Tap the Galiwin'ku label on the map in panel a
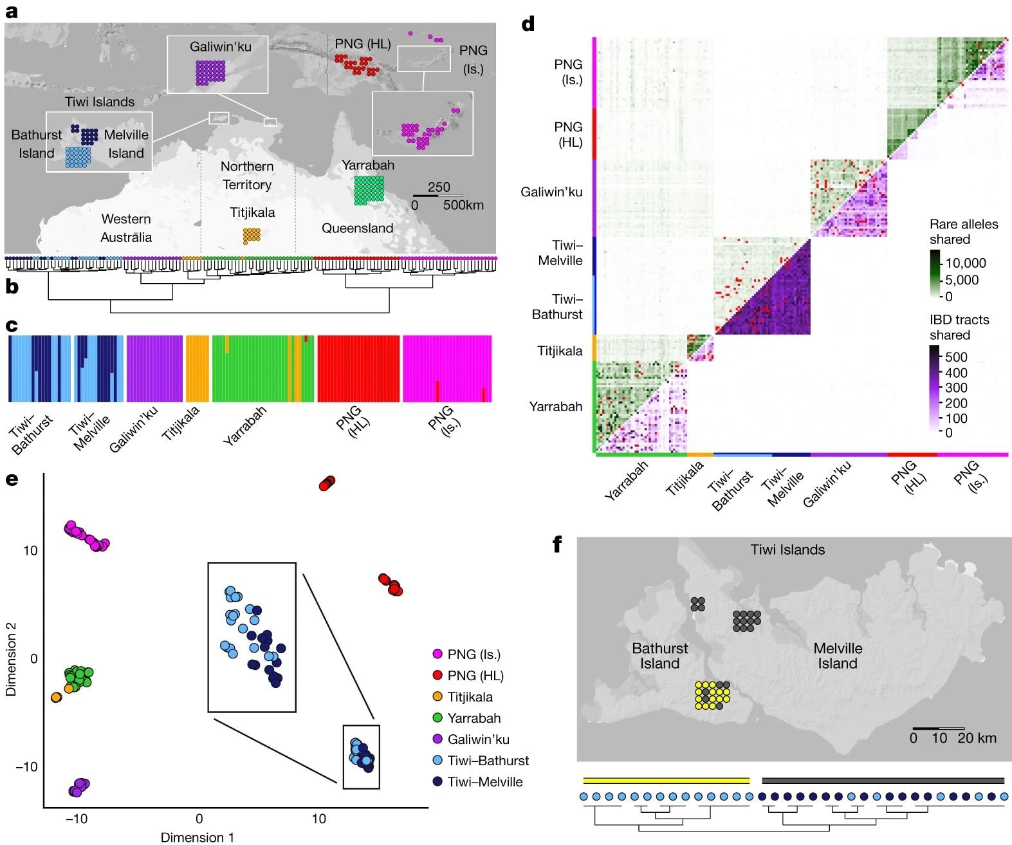[220, 46]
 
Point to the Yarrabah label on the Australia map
[368, 165]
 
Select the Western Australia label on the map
[126, 228]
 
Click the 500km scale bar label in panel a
[463, 205]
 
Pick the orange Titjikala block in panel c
[198, 369]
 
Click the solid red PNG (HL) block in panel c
[358, 369]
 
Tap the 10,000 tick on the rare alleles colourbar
[966, 263]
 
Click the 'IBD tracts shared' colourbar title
[959, 327]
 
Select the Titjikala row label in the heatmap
[560, 351]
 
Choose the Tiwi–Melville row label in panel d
[560, 253]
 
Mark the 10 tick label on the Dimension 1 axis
[318, 819]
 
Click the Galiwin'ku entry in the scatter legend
[478, 739]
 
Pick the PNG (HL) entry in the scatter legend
[475, 676]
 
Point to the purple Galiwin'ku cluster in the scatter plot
[78, 786]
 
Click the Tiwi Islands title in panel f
[787, 550]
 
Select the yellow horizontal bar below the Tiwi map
[666, 781]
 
